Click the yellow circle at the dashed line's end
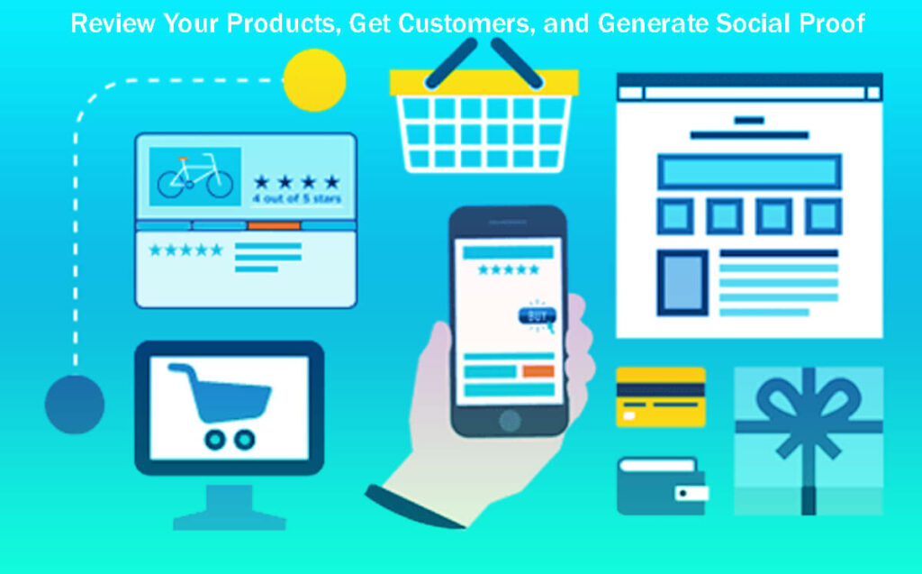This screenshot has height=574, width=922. pyautogui.click(x=314, y=79)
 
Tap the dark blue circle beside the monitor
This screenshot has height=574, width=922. pyautogui.click(x=75, y=404)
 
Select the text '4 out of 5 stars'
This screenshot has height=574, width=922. pyautogui.click(x=297, y=198)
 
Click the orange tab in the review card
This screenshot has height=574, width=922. pyautogui.click(x=274, y=225)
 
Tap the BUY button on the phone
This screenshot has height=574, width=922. pyautogui.click(x=537, y=316)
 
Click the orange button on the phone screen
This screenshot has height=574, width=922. pyautogui.click(x=538, y=371)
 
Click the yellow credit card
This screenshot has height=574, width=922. pyautogui.click(x=660, y=396)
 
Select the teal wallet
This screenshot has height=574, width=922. pyautogui.click(x=660, y=486)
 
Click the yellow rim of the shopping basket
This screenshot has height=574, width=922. pyautogui.click(x=484, y=83)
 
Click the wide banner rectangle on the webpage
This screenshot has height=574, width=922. pyautogui.click(x=749, y=171)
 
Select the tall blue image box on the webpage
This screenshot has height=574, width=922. pyautogui.click(x=682, y=282)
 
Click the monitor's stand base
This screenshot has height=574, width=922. pyautogui.click(x=229, y=521)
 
